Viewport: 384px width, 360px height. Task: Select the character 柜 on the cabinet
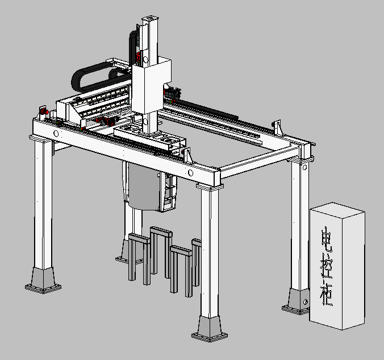(x=327, y=294)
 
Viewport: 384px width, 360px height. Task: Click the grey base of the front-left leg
(x=43, y=280)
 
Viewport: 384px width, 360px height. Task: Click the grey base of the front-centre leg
(x=210, y=328)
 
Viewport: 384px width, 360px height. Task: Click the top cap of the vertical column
(x=150, y=19)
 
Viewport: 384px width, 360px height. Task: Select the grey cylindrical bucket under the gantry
(x=144, y=187)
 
